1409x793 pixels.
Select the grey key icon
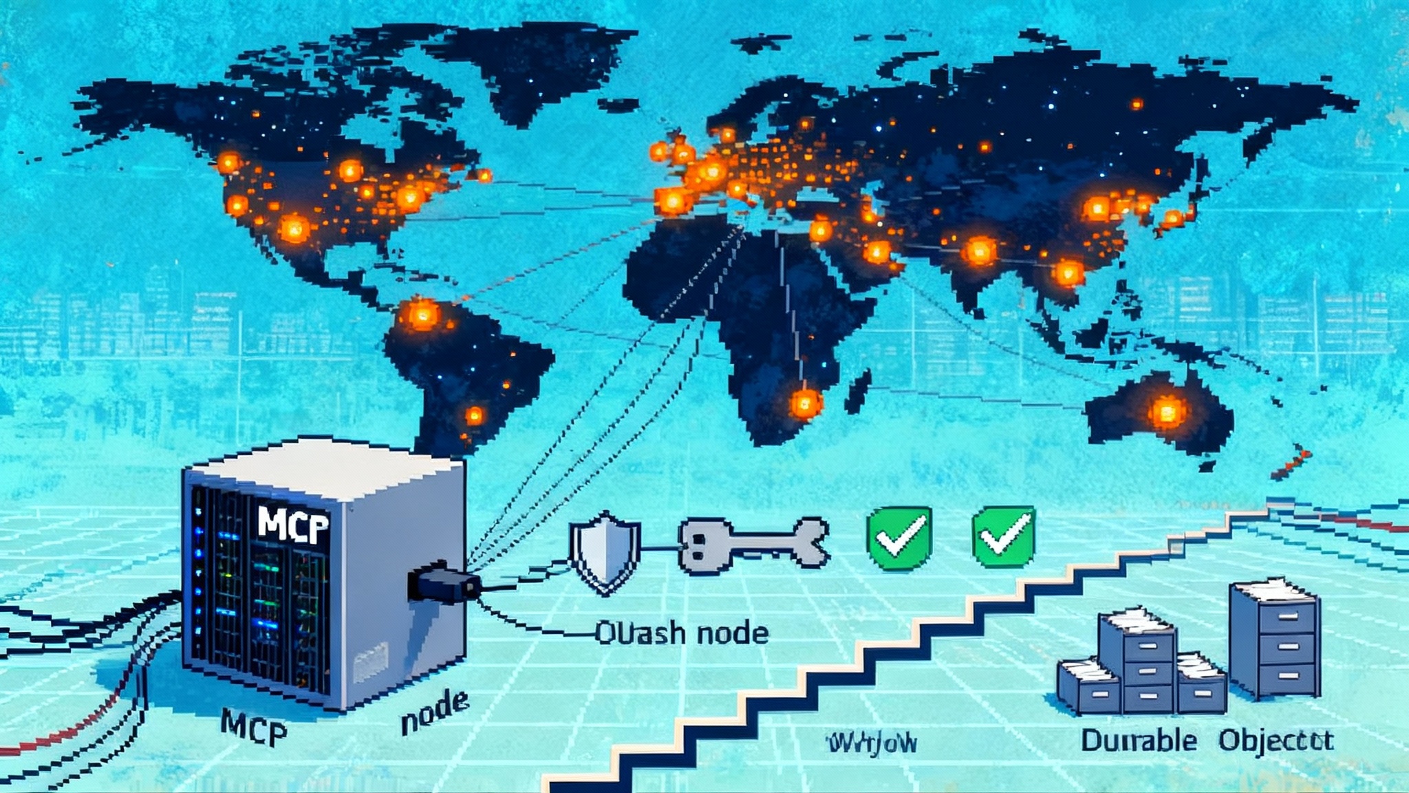tap(754, 543)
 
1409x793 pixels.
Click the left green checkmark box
tap(900, 538)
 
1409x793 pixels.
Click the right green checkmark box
tap(1004, 538)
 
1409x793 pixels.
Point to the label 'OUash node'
tap(680, 633)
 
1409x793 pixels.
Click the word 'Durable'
tap(1139, 741)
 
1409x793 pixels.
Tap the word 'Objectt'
tap(1276, 741)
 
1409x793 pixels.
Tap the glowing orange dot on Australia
tap(1167, 411)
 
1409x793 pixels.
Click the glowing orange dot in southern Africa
tap(804, 403)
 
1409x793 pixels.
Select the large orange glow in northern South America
tap(422, 315)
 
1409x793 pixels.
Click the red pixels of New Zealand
tap(1292, 465)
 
